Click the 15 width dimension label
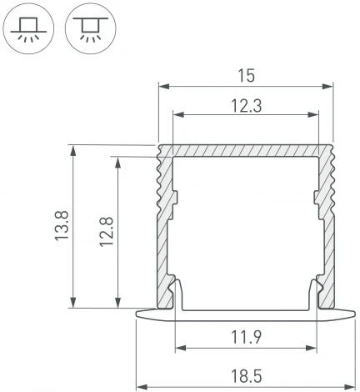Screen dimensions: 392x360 click(245, 75)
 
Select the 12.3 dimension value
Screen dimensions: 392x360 click(245, 104)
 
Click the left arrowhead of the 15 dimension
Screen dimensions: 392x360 click(162, 85)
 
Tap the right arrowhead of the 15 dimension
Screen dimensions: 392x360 click(328, 85)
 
